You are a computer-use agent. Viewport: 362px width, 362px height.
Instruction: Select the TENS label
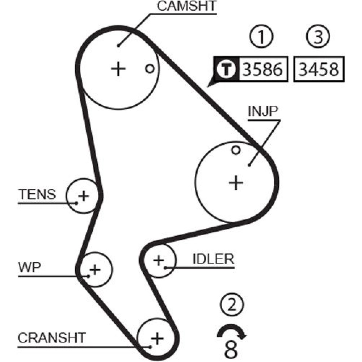pyautogui.click(x=37, y=194)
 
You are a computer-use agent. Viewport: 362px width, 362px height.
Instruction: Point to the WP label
pyautogui.click(x=30, y=268)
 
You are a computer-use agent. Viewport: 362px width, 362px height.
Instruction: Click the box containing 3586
pyautogui.click(x=262, y=69)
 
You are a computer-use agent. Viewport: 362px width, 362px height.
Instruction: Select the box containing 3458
pyautogui.click(x=319, y=69)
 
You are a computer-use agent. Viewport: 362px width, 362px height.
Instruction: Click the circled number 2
pyautogui.click(x=231, y=306)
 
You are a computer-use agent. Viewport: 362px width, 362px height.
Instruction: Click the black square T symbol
pyautogui.click(x=226, y=69)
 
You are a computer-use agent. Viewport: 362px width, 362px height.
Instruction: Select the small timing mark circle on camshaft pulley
pyautogui.click(x=150, y=68)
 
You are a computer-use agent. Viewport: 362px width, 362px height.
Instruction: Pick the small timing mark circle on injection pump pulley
pyautogui.click(x=236, y=150)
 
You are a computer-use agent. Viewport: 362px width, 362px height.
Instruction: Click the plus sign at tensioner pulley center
pyautogui.click(x=84, y=196)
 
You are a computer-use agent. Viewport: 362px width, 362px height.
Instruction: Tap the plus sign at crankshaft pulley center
pyautogui.click(x=157, y=339)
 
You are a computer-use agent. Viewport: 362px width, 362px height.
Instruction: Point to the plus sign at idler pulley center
pyautogui.click(x=159, y=260)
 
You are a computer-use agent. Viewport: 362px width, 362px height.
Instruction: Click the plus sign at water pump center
pyautogui.click(x=94, y=269)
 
